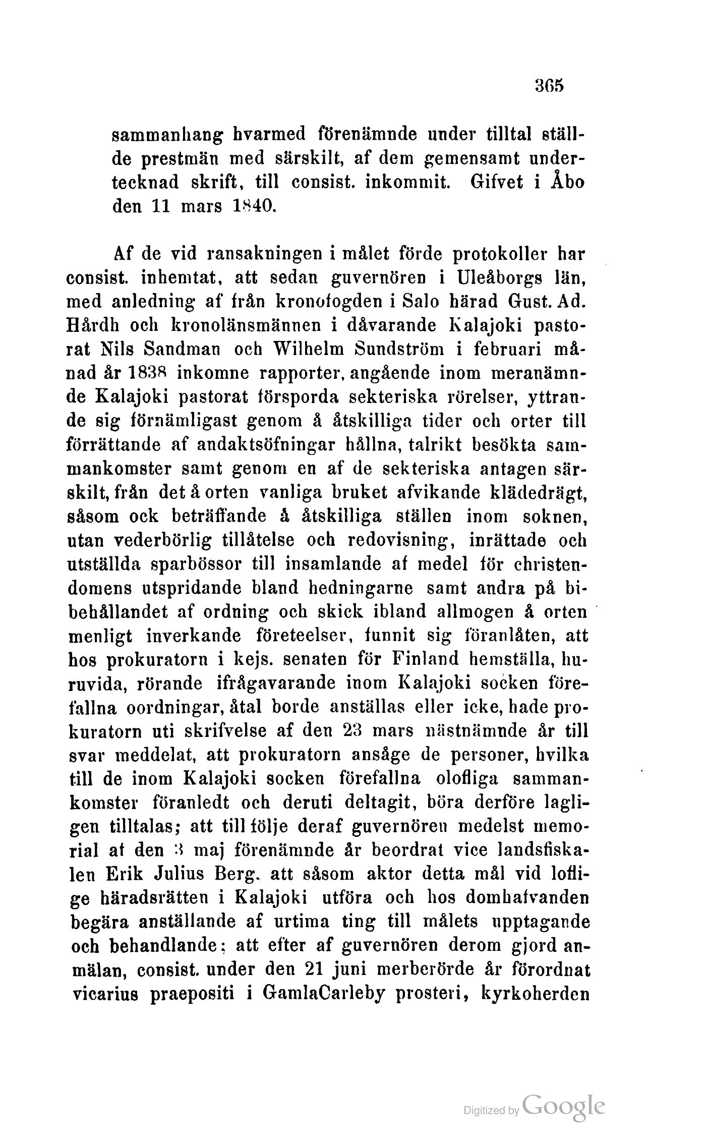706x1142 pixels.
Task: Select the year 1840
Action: pos(249,206)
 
